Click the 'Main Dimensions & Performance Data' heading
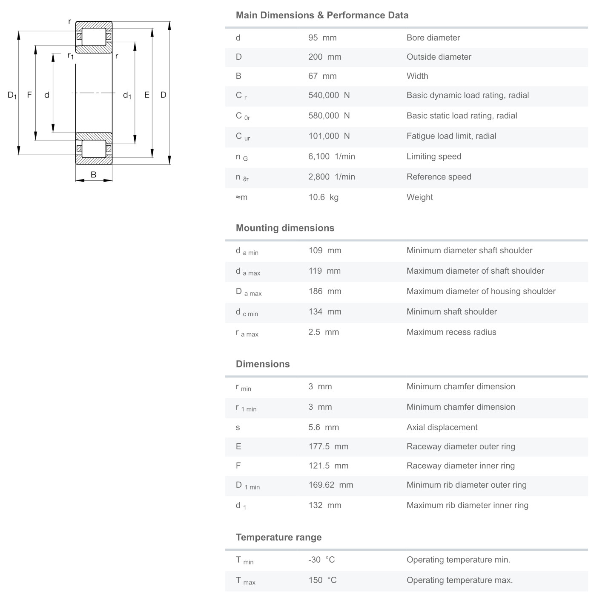pos(322,15)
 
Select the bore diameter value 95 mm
pos(322,38)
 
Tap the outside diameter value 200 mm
pos(324,57)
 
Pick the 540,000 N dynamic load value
pos(329,95)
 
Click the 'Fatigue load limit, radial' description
pos(451,136)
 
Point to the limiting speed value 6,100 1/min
pos(331,156)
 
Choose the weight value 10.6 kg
pos(323,197)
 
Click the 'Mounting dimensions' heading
pos(285,228)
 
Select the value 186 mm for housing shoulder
pos(325,291)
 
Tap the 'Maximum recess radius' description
pos(451,332)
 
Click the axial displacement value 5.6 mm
pos(324,427)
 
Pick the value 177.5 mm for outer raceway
pos(328,446)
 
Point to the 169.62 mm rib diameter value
pos(331,485)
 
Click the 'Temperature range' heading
pos(278,537)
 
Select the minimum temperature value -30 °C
pos(321,560)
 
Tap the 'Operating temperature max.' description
pos(459,580)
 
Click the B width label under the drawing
pos(94,174)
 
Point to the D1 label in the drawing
pos(12,95)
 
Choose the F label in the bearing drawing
pos(29,95)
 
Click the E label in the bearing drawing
pos(147,95)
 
